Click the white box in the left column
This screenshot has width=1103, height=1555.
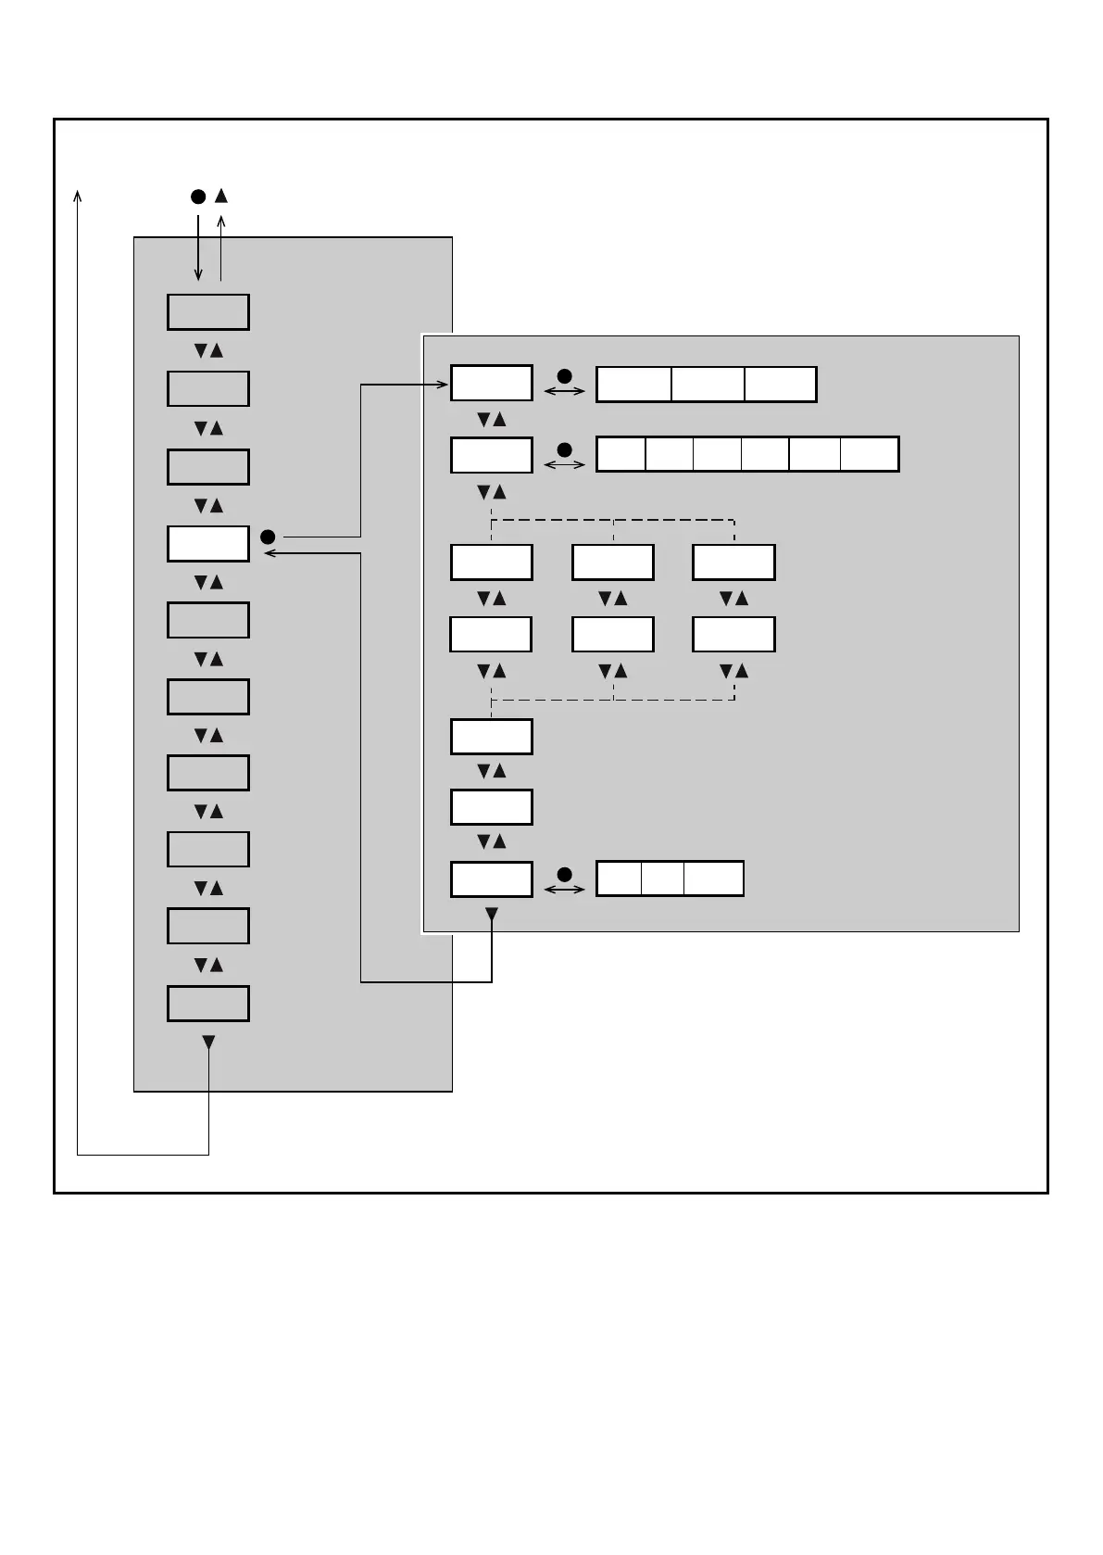(207, 544)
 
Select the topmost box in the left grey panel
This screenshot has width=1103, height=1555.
(207, 312)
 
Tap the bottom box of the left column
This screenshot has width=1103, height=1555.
(207, 1004)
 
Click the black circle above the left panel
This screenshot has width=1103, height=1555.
(198, 196)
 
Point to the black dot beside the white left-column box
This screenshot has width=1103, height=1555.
(268, 537)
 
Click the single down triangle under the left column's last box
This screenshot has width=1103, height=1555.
(208, 1043)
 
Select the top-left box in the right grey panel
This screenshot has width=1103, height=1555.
(491, 384)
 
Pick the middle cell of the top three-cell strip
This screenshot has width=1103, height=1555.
(708, 385)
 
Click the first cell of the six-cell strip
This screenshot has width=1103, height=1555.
(620, 455)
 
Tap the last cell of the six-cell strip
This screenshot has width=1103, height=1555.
(869, 455)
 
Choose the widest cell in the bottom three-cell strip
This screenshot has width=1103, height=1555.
(713, 879)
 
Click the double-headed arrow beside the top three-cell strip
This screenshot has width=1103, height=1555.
(564, 392)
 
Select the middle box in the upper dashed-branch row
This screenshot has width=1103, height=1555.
(612, 563)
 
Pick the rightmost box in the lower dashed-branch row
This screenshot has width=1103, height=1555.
(733, 635)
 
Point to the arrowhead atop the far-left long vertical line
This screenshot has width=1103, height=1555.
(78, 195)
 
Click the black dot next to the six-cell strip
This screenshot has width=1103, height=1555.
(564, 449)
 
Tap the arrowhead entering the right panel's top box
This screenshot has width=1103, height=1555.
(444, 385)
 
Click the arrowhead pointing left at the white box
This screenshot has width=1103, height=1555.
(269, 554)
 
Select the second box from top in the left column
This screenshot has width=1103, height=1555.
(207, 389)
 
